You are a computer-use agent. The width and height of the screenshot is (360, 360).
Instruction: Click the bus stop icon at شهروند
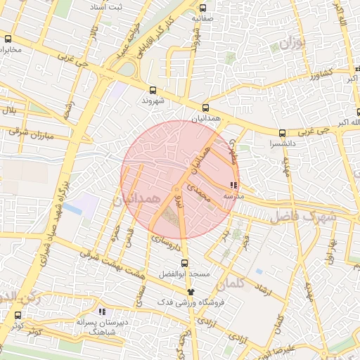[x=153, y=90]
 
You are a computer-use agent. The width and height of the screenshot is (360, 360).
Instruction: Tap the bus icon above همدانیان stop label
[x=205, y=108]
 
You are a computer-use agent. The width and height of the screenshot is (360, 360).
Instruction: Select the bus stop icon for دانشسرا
[x=282, y=132]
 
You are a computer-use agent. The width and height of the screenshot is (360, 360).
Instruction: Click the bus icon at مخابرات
[x=8, y=39]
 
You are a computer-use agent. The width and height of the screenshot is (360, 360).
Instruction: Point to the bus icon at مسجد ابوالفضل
[x=185, y=262]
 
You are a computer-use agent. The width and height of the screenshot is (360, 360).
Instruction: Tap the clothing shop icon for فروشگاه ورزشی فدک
[x=189, y=292]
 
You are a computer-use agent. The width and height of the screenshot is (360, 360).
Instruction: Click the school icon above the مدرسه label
[x=233, y=185]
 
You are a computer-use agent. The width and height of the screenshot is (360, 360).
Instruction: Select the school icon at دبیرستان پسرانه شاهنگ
[x=102, y=311]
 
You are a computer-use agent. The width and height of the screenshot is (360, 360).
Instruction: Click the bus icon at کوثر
[x=18, y=316]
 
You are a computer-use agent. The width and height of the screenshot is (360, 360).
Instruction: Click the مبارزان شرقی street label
[x=32, y=132]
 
